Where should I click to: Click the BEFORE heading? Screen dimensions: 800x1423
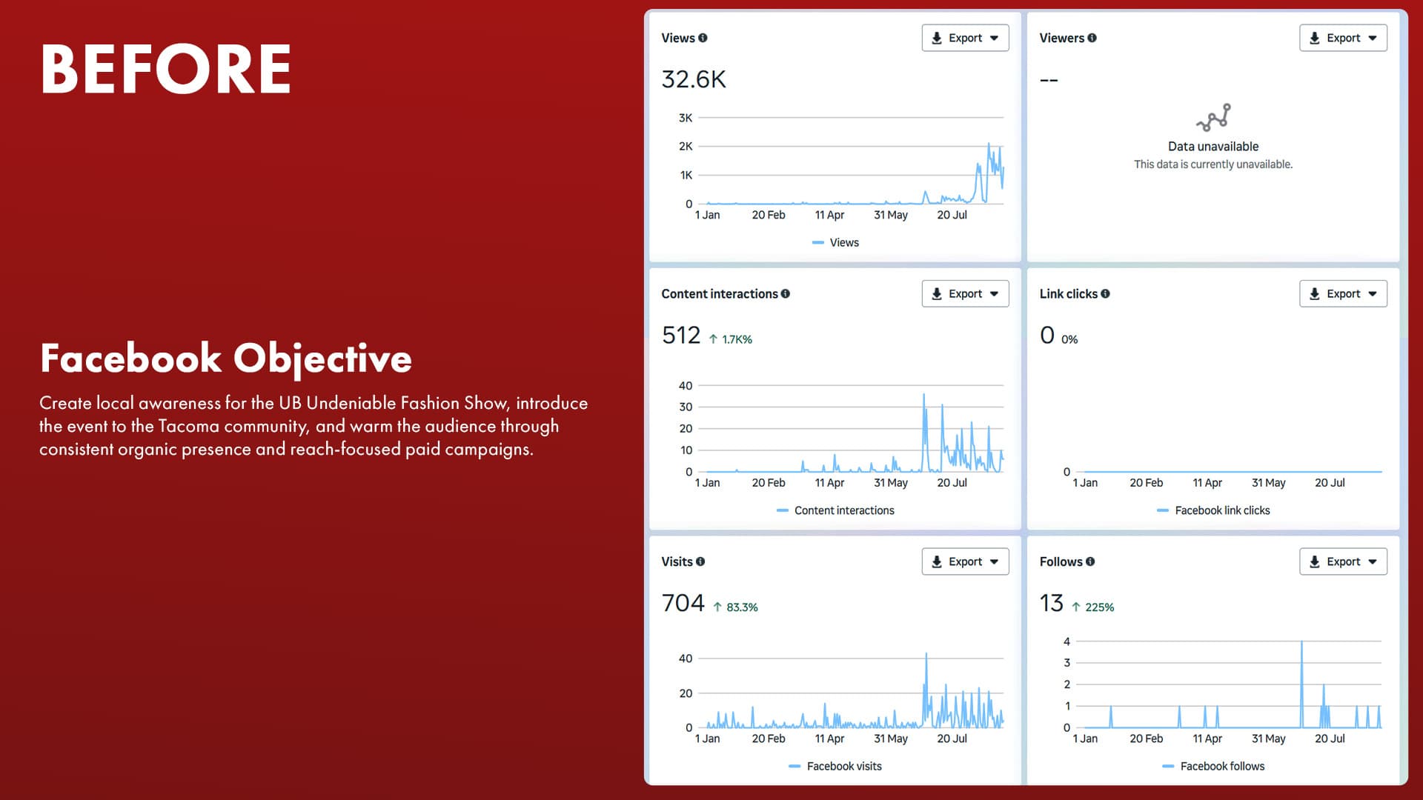166,69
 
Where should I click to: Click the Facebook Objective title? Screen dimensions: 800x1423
226,359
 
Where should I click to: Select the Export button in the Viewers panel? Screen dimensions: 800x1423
1342,38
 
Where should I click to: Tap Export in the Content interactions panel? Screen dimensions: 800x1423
964,294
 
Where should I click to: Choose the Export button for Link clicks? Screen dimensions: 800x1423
1342,294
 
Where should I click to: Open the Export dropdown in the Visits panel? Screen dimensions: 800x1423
964,561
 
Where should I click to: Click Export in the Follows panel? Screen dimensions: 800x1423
1342,561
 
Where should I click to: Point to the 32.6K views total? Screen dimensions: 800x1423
694,79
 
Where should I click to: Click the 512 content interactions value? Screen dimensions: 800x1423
681,336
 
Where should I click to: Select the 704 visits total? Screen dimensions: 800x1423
683,603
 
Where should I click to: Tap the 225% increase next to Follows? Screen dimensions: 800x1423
1098,607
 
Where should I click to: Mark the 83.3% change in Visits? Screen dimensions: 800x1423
741,607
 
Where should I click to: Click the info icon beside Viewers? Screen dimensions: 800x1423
1092,38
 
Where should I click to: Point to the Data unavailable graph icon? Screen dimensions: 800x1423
1213,117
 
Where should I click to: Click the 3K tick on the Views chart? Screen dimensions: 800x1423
686,118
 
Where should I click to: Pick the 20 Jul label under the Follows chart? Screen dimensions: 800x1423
1329,739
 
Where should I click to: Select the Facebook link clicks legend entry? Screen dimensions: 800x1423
1221,510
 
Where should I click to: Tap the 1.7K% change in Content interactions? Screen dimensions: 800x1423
736,339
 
